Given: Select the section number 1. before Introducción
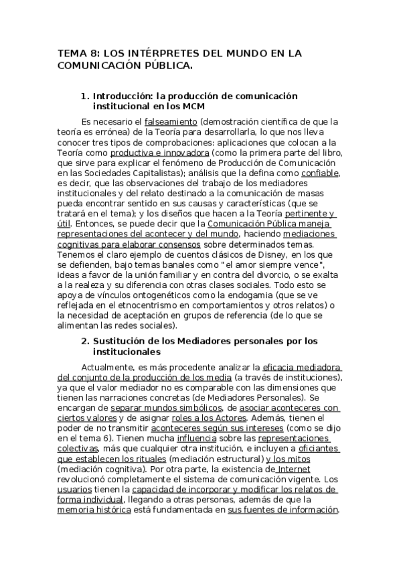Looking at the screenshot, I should (84, 96).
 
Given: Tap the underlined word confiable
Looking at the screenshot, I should (319, 173).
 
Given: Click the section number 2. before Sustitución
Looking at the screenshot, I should (84, 341).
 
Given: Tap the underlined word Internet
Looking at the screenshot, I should (293, 469).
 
